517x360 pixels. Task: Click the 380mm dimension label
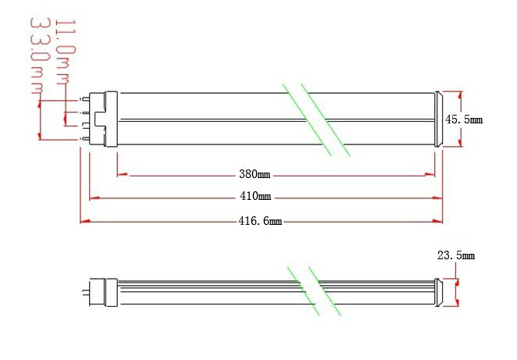[x=255, y=173]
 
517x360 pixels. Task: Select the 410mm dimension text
[x=255, y=196]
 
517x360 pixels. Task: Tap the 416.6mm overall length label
[x=260, y=220]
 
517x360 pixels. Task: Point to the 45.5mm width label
[x=464, y=119]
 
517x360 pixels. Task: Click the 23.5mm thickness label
[x=456, y=255]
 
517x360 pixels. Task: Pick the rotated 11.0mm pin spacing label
[x=66, y=52]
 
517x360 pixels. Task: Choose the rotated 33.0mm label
[x=41, y=56]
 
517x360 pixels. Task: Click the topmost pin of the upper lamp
[x=85, y=99]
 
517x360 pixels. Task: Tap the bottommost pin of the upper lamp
[x=85, y=140]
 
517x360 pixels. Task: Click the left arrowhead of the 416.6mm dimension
[x=85, y=221]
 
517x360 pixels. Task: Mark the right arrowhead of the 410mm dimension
[x=437, y=198]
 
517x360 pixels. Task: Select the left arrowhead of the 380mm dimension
[x=123, y=174]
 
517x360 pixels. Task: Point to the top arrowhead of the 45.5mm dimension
[x=460, y=96]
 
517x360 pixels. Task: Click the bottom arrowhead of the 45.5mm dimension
[x=460, y=142]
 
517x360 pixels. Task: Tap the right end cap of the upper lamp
[x=438, y=119]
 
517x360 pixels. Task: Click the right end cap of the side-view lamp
[x=438, y=292]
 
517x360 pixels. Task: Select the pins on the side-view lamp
[x=86, y=292]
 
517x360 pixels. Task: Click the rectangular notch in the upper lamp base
[x=100, y=119]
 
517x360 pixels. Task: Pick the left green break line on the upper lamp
[x=307, y=119]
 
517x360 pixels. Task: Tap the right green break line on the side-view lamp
[x=324, y=291]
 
